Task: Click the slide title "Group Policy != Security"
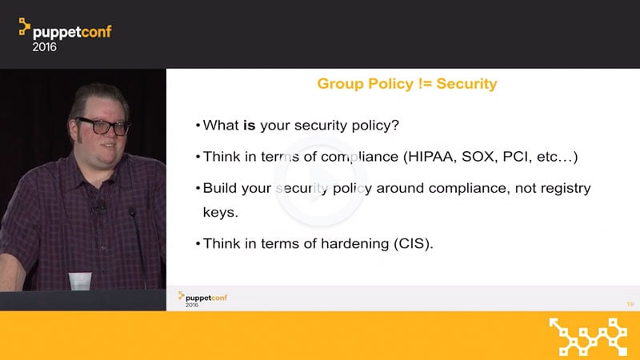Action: (407, 83)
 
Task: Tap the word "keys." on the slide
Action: (220, 213)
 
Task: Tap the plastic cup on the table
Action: (80, 281)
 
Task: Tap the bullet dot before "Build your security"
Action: (197, 189)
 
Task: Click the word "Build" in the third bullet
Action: (221, 188)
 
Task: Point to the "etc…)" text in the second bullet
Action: (558, 157)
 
